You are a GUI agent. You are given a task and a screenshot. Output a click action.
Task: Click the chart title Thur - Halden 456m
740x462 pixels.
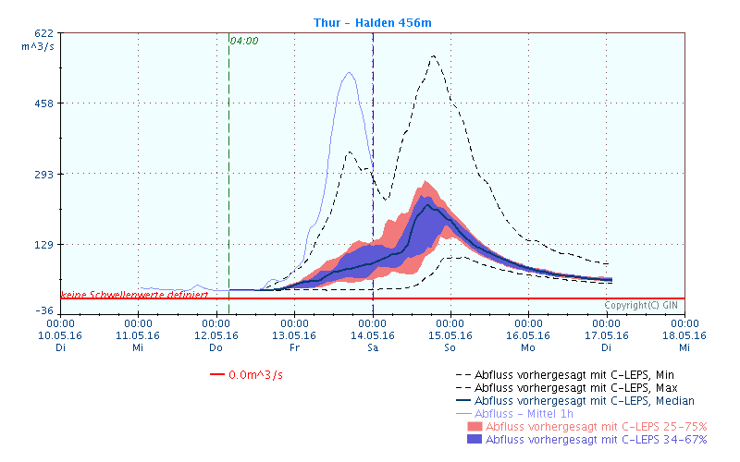[371, 21]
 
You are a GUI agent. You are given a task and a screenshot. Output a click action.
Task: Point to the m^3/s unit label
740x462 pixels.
[40, 44]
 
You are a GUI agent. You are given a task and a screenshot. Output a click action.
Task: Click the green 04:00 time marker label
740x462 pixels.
[244, 41]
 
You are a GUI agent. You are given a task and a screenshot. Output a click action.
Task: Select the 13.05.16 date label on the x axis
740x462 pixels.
[294, 335]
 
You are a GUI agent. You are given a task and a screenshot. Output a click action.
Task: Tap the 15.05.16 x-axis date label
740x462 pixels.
[450, 335]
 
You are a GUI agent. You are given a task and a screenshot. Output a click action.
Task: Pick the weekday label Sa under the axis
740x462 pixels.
[372, 347]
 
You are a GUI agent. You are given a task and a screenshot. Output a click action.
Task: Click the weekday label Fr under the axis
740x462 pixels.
[294, 347]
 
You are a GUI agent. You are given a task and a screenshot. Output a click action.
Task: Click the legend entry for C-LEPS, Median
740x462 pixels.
[585, 401]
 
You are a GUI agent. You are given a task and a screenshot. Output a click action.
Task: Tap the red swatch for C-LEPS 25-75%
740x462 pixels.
[475, 427]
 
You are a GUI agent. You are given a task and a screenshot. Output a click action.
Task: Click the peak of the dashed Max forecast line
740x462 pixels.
[433, 56]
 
